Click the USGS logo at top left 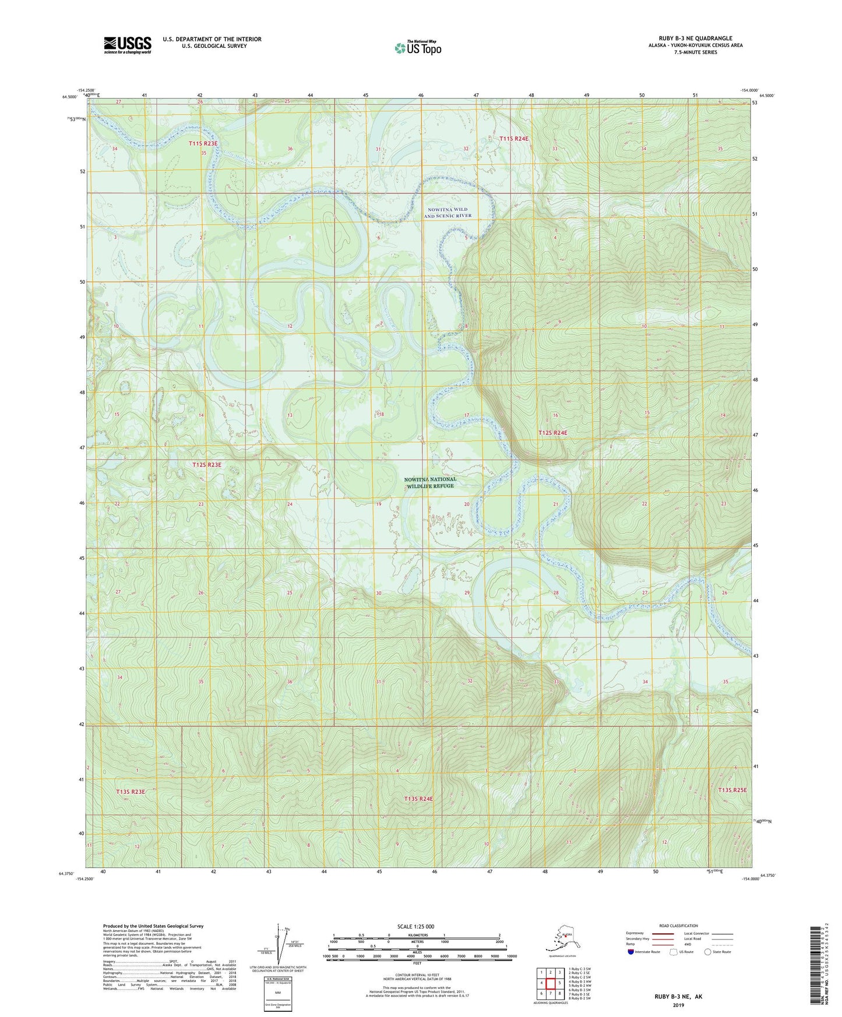tap(127, 45)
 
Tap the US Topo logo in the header tap(417, 48)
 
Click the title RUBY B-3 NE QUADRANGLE tap(695, 38)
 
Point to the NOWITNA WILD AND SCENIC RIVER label tap(448, 213)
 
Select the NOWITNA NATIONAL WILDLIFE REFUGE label tap(430, 482)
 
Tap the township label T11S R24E tap(514, 139)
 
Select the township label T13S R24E tap(418, 799)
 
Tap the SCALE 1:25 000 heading tap(416, 926)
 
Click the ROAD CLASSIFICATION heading tap(678, 926)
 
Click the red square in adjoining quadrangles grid tap(550, 983)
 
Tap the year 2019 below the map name tap(678, 1005)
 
